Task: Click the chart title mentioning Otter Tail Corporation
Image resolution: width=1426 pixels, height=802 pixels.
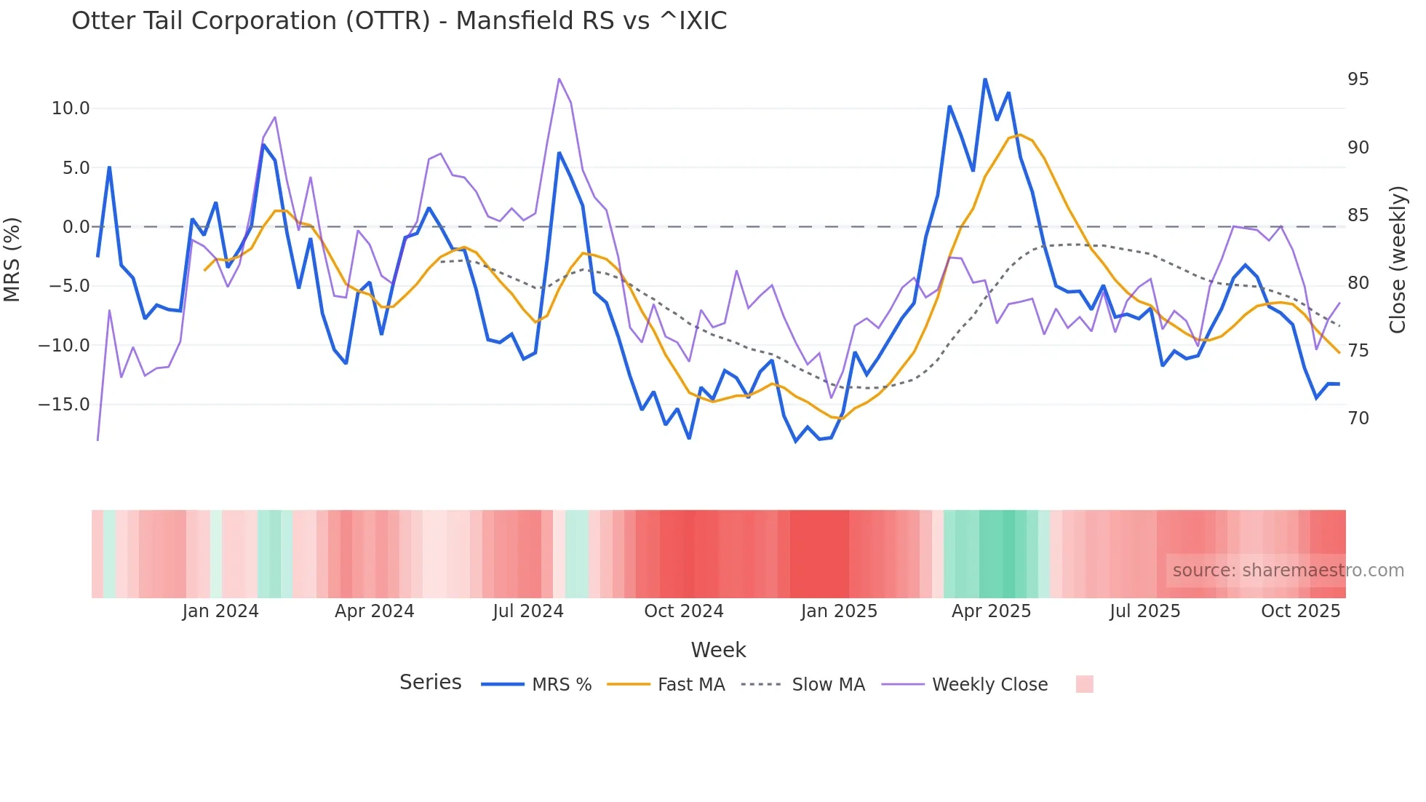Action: (399, 21)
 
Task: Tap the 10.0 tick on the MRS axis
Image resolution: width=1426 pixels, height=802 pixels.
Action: (70, 108)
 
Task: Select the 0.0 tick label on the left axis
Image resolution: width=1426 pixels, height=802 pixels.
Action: (76, 227)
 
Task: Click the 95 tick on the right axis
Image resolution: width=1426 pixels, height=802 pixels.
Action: (1358, 79)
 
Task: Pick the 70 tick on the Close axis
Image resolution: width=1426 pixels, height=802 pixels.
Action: (1358, 418)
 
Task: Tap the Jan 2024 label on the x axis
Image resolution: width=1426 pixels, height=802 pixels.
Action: (220, 611)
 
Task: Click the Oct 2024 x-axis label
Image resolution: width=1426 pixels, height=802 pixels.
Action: (683, 611)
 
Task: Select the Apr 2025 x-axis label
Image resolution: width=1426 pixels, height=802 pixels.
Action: (991, 611)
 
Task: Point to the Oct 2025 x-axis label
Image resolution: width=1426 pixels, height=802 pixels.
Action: (1300, 611)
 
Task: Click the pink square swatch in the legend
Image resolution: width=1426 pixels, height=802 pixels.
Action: (1084, 684)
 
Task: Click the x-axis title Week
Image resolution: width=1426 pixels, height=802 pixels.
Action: (718, 650)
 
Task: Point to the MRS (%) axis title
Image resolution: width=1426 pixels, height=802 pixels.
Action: (12, 259)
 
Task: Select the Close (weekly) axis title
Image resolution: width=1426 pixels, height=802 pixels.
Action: (1398, 259)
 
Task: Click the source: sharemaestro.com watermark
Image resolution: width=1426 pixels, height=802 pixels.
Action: (1288, 571)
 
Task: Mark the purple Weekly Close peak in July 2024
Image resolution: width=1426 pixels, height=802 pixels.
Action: (559, 79)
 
